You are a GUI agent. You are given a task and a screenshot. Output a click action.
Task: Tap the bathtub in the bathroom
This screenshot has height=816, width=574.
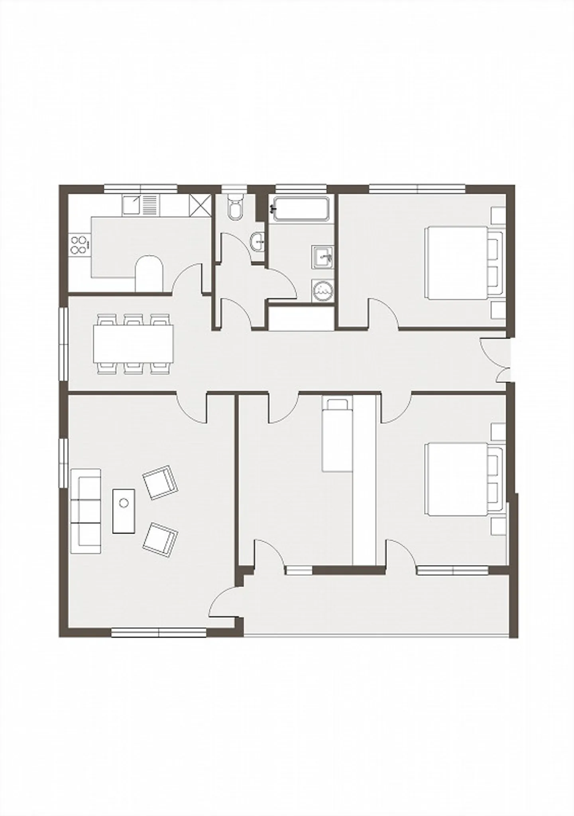click(301, 208)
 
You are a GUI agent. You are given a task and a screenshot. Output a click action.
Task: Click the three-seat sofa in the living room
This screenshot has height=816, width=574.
click(85, 511)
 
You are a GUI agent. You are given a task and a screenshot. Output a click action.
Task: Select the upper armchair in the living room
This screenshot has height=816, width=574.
click(160, 482)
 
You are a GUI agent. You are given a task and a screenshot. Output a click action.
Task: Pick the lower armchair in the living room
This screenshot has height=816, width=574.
click(160, 540)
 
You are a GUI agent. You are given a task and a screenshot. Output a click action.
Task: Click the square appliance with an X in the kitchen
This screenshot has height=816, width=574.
click(199, 205)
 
